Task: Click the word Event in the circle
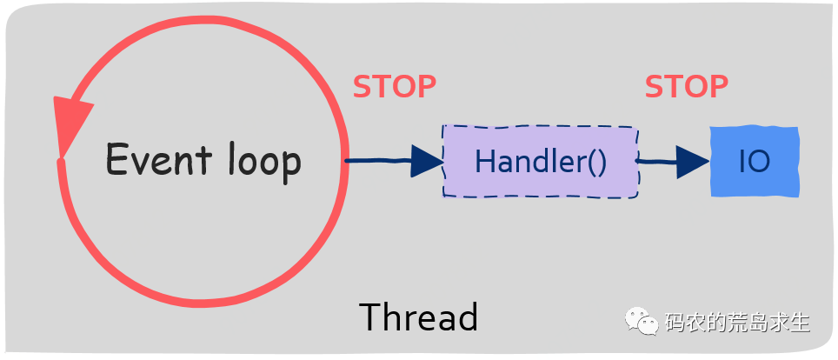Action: pos(159,158)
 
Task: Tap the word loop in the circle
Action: pos(264,161)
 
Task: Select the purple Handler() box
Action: pos(541,162)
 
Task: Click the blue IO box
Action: pos(755,162)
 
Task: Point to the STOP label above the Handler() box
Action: pos(395,87)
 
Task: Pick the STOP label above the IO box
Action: pos(686,87)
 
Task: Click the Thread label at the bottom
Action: pos(418,317)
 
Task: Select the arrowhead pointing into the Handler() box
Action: pos(427,161)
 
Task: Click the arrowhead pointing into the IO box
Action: pos(693,162)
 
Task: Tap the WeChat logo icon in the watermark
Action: pos(642,321)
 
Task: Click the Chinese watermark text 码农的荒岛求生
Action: pos(737,323)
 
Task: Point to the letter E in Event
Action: pos(116,158)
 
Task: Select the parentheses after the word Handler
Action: pos(598,162)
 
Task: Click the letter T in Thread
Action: pos(371,317)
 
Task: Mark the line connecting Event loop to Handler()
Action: pos(395,161)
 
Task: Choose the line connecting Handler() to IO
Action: pos(672,162)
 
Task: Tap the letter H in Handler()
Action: pos(484,161)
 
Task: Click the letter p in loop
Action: pos(292,166)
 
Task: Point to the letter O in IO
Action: pos(762,162)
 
